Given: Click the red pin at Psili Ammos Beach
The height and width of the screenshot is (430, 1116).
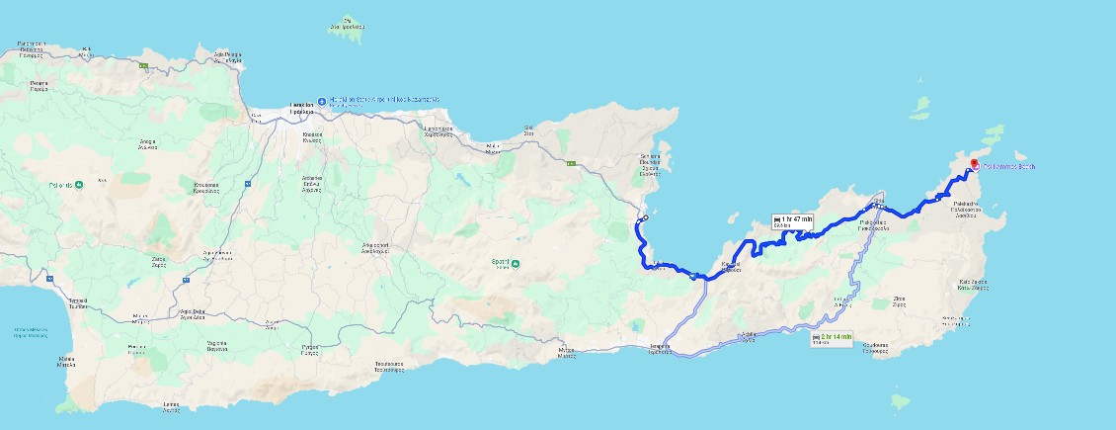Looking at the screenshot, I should tap(973, 164).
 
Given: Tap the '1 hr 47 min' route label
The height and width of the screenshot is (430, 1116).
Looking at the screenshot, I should tap(793, 220).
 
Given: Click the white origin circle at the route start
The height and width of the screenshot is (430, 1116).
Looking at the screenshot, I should tap(644, 218).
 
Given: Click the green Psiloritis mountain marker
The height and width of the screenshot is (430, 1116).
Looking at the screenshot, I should tap(78, 185).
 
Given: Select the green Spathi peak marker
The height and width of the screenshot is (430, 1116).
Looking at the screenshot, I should tap(515, 262).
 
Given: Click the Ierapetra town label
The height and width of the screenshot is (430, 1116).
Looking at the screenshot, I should tap(662, 347).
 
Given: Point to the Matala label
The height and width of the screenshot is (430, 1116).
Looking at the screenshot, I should tap(66, 360).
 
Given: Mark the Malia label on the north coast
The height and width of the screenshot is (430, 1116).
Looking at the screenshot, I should tap(494, 147).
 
